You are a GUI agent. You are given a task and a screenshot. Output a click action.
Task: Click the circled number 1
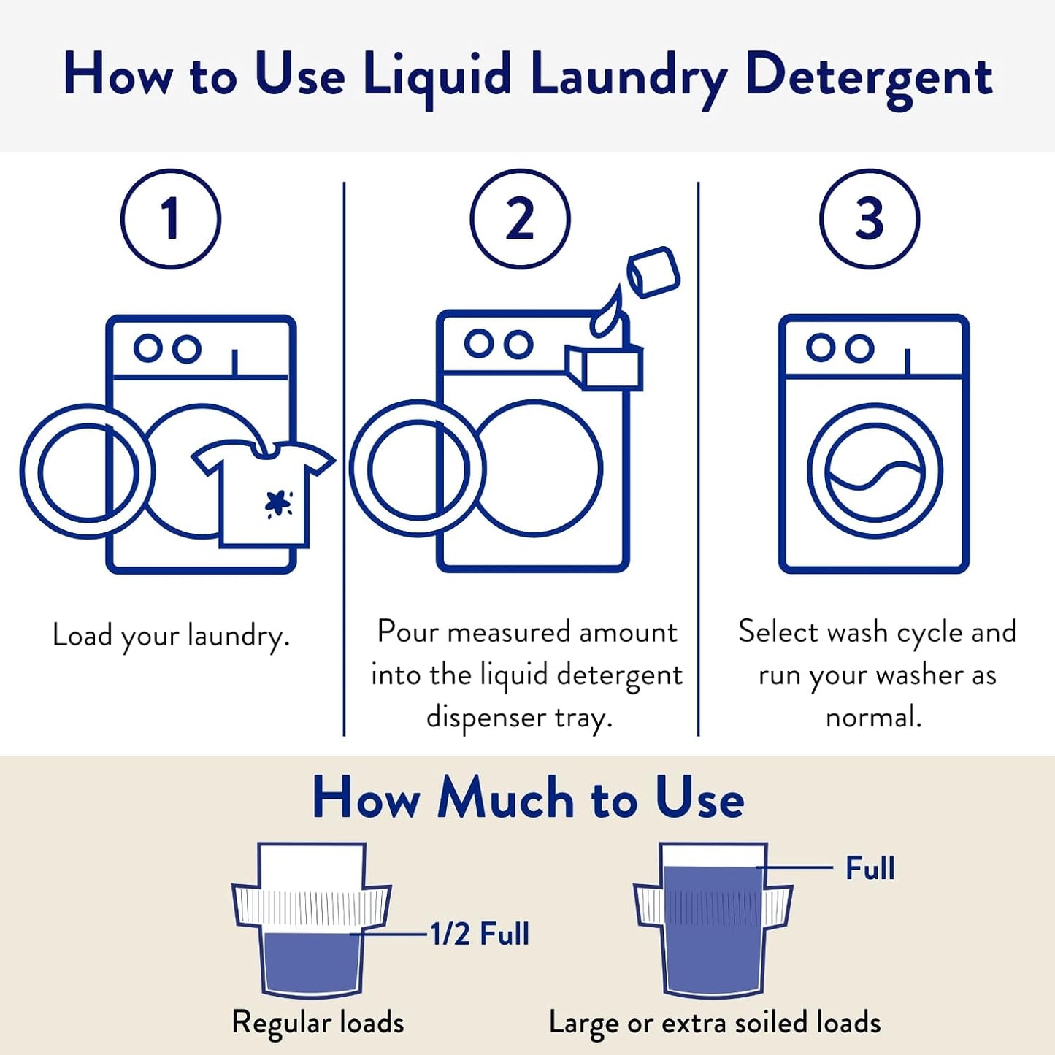pos(170,218)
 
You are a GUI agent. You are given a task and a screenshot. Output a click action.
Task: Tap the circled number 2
pos(519,218)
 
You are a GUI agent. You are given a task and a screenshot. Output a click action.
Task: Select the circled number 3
pos(869,218)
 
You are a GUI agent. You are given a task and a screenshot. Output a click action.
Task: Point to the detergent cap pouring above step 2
pos(653,272)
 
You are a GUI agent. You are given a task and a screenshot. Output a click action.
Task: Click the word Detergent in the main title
pos(868,77)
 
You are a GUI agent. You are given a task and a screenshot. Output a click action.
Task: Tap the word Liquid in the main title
pos(437,77)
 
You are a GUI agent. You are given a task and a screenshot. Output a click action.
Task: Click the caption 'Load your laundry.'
pos(172,635)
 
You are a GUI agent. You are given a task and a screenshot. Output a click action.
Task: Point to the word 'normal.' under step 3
pos(873,717)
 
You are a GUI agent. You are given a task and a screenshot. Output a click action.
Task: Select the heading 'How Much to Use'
pos(528,798)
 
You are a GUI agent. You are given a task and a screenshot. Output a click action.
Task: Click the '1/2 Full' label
pos(479,934)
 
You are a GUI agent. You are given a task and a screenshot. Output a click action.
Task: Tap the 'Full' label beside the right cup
pos(870,869)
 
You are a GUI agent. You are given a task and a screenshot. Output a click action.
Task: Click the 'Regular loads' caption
pos(318,1022)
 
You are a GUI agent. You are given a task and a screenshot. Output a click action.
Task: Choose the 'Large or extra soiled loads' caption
pos(714,1023)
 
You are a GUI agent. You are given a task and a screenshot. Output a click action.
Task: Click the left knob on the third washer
pos(820,348)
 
